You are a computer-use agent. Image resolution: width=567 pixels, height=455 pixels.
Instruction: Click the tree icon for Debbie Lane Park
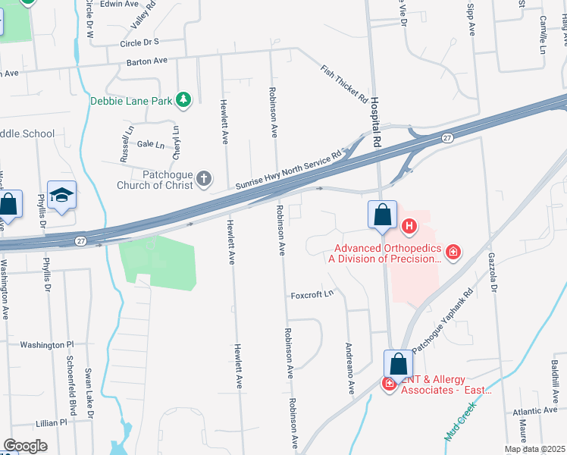tap(183, 99)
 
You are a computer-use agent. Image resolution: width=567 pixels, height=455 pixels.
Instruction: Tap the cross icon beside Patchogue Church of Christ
tap(203, 179)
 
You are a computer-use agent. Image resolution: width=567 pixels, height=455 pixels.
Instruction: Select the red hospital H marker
tap(409, 225)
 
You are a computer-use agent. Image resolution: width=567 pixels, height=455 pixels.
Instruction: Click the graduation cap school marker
tap(61, 196)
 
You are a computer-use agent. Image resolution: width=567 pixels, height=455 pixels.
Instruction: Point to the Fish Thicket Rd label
tap(343, 83)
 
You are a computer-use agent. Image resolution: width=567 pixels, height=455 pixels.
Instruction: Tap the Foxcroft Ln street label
tap(312, 294)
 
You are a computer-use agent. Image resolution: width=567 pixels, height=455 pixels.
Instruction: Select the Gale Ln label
tap(150, 143)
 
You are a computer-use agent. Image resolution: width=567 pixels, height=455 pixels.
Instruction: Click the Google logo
tap(25, 445)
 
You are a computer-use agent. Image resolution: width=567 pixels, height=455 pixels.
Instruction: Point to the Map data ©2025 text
tap(534, 448)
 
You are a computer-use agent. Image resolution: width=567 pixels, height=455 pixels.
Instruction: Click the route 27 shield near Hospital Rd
tap(448, 138)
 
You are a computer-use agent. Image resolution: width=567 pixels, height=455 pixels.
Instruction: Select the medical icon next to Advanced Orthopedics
tap(453, 252)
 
